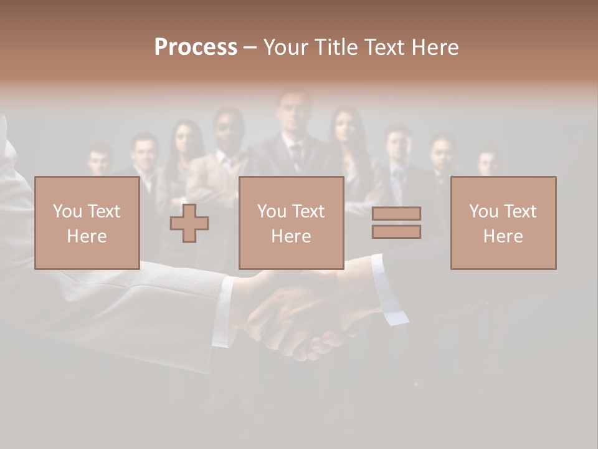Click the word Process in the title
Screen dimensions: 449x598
point(196,47)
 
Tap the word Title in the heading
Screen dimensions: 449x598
point(335,47)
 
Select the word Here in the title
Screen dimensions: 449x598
point(434,47)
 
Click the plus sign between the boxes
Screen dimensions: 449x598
point(189,223)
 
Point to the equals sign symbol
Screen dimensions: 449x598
point(396,223)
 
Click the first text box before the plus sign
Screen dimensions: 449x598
point(87,223)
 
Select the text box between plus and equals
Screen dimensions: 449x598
point(292,223)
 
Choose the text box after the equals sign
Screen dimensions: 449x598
point(503,223)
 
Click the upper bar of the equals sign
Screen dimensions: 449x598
point(396,214)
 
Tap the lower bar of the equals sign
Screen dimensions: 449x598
point(396,231)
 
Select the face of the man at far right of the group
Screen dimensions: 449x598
point(488,162)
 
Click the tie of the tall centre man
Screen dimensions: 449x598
point(296,153)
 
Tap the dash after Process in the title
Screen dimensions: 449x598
point(250,47)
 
